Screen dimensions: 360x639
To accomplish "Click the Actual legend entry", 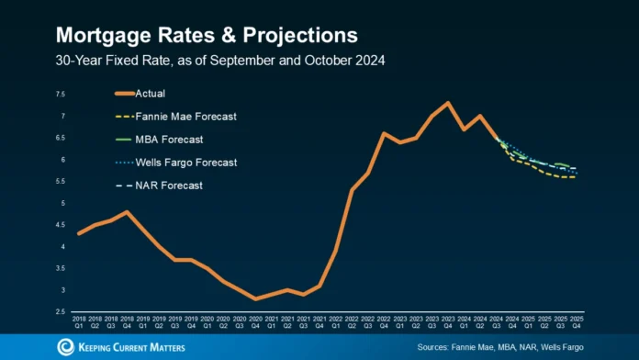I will point(150,94).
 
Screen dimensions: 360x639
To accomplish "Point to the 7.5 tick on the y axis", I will point(60,95).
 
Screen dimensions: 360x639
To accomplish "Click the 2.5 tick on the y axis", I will point(60,312).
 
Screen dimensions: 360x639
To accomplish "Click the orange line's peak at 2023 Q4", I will point(447,103).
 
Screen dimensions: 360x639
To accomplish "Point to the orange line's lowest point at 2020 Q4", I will point(257,298).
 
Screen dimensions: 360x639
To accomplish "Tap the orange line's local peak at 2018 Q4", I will point(128,212).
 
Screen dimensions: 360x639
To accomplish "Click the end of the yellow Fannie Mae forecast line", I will point(575,177).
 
